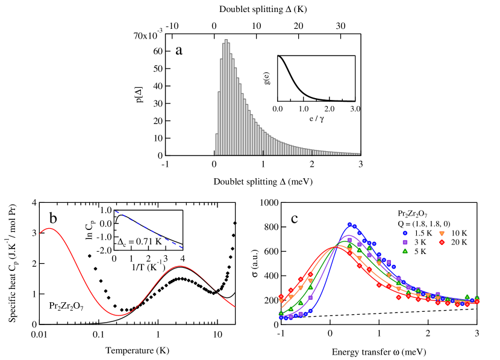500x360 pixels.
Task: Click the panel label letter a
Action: click(178, 49)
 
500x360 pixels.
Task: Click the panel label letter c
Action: click(294, 218)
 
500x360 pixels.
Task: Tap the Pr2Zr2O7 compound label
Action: click(66, 306)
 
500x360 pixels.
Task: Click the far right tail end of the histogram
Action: click(359, 154)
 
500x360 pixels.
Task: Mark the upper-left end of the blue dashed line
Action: click(114, 211)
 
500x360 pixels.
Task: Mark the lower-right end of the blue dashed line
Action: click(183, 247)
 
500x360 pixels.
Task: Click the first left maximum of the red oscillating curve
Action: click(49, 228)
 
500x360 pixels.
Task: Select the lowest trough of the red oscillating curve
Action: click(119, 315)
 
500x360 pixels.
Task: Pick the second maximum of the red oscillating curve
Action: click(180, 266)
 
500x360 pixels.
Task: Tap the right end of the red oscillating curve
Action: click(234, 307)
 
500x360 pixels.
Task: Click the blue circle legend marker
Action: click(405, 233)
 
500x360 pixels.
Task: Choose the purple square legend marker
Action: click(405, 242)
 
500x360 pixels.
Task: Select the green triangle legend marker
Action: click(405, 251)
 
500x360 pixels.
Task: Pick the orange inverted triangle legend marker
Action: click(442, 233)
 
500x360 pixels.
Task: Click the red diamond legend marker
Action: click(442, 242)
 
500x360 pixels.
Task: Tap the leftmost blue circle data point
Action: click(281, 317)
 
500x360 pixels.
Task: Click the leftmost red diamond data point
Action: click(281, 296)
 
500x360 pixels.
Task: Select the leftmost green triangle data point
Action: click(281, 313)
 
